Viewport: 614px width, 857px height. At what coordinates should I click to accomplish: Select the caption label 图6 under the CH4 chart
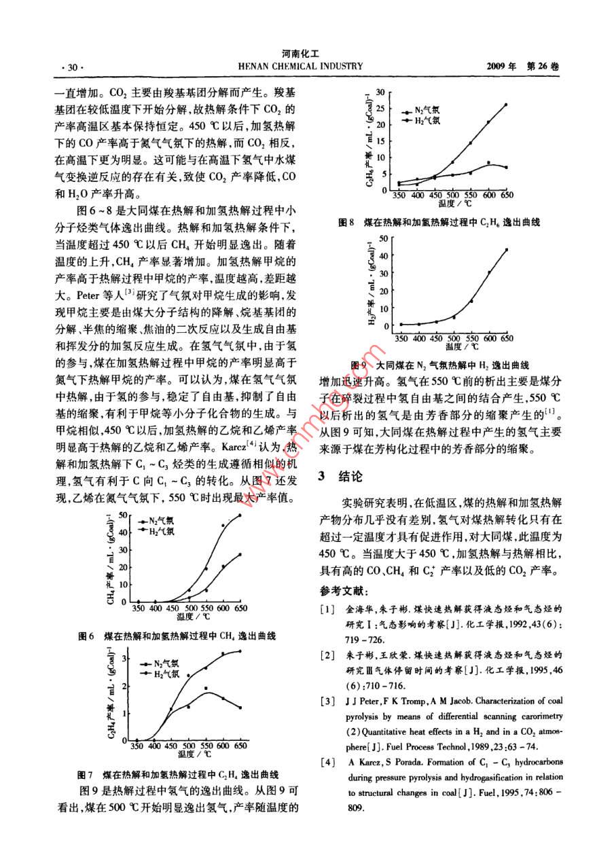[86, 636]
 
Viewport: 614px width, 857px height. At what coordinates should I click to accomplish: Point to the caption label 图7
[86, 774]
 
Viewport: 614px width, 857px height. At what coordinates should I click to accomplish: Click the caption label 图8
[347, 222]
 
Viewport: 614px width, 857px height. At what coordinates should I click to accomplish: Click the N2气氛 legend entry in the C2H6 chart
[425, 110]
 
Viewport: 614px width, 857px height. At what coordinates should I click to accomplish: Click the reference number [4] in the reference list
[327, 762]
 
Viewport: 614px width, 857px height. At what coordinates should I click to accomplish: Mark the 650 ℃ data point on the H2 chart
[506, 250]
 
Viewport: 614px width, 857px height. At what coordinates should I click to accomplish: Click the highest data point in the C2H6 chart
[506, 105]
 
